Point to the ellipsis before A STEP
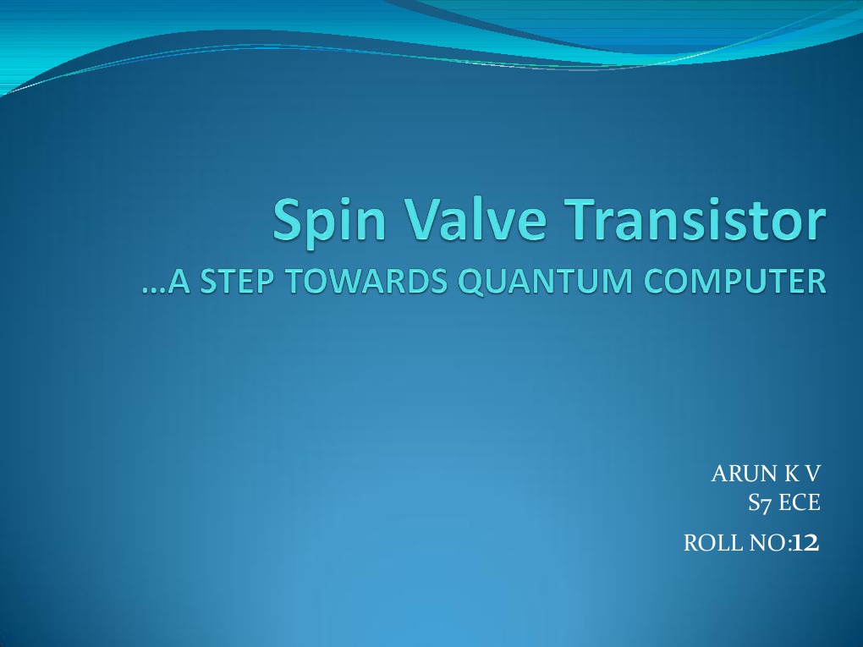pos(154,286)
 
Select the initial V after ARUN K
pos(811,474)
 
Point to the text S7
pos(760,503)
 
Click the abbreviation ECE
pos(800,503)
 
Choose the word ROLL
pos(708,544)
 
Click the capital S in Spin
pos(289,218)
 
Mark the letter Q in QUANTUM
pos(470,282)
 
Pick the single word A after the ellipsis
pos(179,282)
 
